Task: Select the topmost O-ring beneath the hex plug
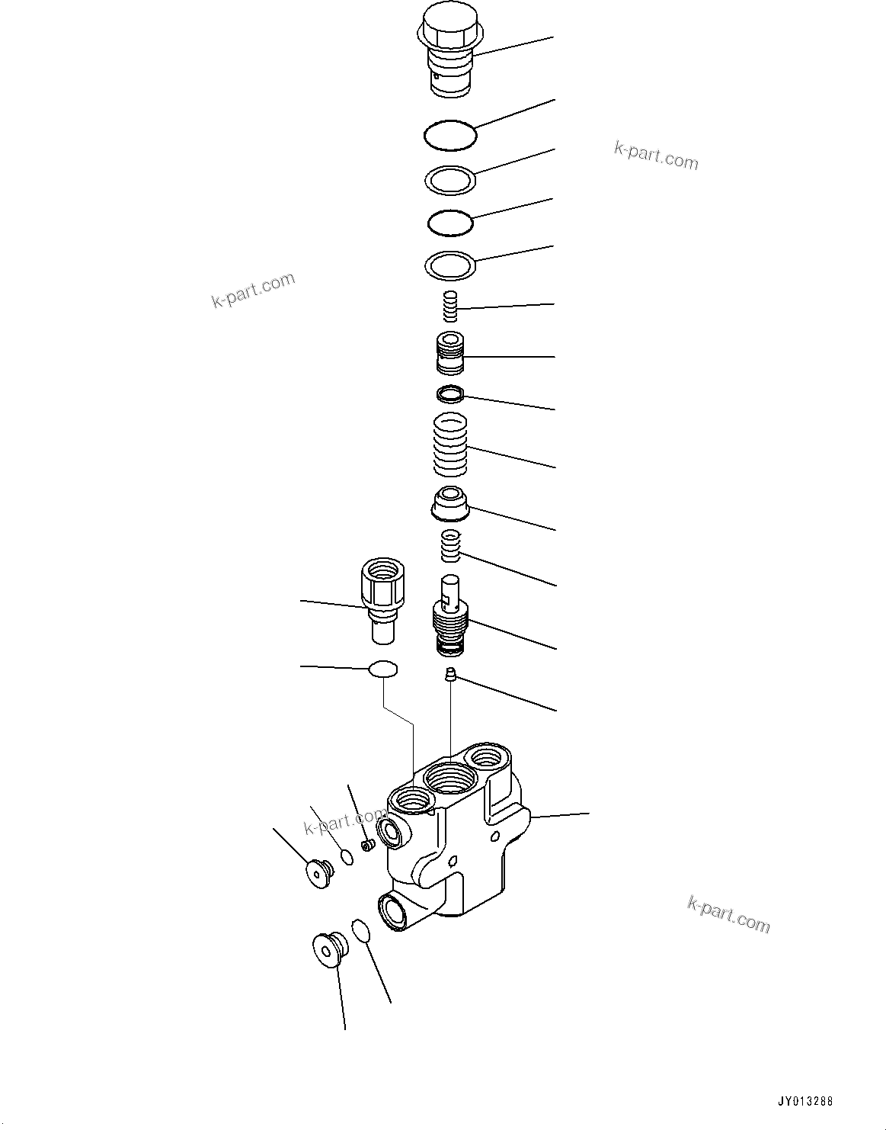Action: tap(450, 136)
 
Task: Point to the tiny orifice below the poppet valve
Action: tap(450, 674)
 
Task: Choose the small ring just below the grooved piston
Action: tap(449, 394)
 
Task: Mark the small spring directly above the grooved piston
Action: tap(450, 307)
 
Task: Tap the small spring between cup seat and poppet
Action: tap(453, 546)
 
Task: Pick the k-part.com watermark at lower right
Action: tap(728, 913)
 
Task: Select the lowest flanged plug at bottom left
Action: tap(329, 949)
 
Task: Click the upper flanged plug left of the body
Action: tap(316, 873)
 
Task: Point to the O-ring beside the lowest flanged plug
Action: tap(360, 931)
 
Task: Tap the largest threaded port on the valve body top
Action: tap(450, 779)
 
